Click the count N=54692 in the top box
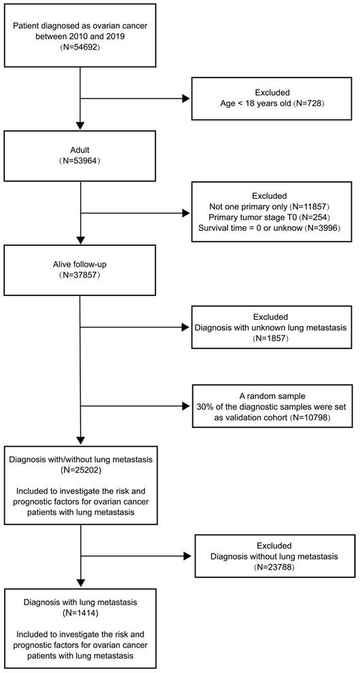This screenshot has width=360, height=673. pyautogui.click(x=81, y=48)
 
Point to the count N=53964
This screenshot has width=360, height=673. pyautogui.click(x=80, y=163)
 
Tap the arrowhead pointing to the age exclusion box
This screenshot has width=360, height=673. pyautogui.click(x=185, y=98)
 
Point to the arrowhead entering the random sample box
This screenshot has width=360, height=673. pyautogui.click(x=185, y=405)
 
